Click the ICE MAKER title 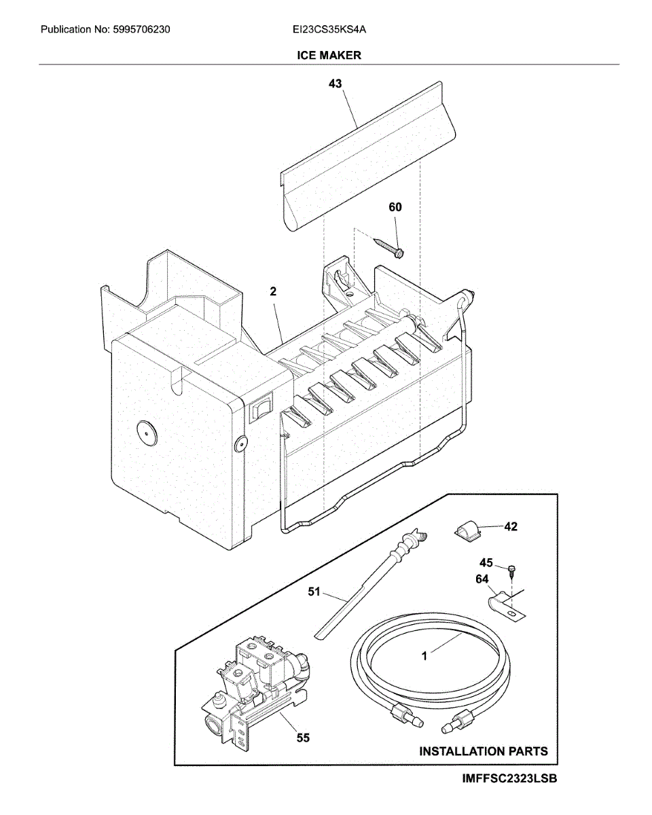coord(329,55)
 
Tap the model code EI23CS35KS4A coord(330,30)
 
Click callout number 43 coord(335,84)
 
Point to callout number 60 coord(395,207)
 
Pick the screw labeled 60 coord(389,247)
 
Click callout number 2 coord(273,292)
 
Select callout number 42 coord(510,526)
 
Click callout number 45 coord(486,562)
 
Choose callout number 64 coord(482,579)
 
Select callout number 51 coord(313,592)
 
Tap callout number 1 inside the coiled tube coord(424,656)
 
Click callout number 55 coord(303,737)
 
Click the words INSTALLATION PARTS coord(483,751)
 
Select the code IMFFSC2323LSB coord(510,779)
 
